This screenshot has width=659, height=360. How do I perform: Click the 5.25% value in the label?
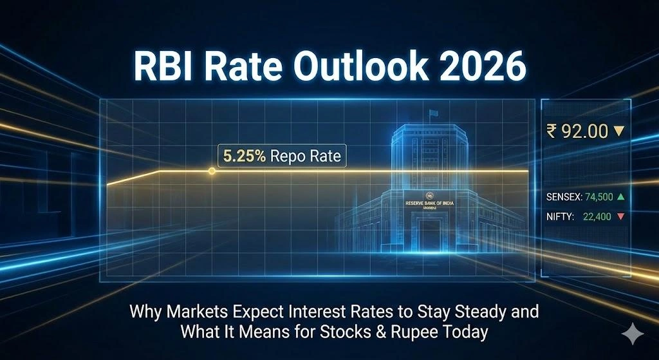(x=244, y=156)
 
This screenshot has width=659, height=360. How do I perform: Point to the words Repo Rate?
(x=306, y=156)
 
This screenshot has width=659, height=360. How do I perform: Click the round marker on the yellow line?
(x=212, y=171)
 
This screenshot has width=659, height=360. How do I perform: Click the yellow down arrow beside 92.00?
(x=619, y=131)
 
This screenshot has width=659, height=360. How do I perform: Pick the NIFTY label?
(x=560, y=218)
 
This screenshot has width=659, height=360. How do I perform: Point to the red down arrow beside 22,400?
(x=620, y=218)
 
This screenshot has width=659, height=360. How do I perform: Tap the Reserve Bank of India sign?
(x=429, y=203)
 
